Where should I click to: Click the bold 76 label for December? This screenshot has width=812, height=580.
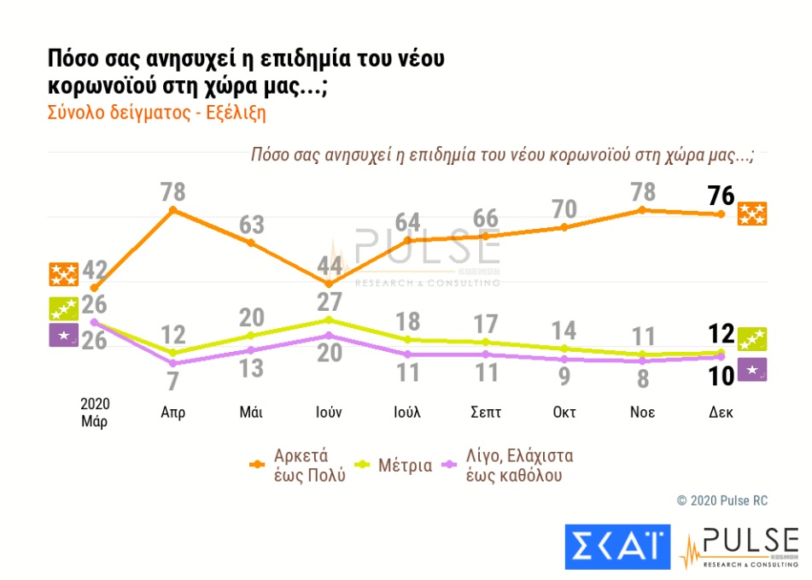coord(721,196)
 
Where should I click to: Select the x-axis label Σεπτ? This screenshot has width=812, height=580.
coord(485,411)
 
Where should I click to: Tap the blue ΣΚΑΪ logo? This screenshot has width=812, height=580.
coord(617,545)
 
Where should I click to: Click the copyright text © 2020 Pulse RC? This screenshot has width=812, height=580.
coord(722,500)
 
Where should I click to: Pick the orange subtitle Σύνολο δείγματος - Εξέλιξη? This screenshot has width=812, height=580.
coord(156,113)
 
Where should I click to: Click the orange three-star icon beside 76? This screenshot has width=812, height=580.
coord(752,214)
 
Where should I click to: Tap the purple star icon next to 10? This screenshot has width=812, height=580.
coord(751,371)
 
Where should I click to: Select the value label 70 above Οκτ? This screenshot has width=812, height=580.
coord(564,209)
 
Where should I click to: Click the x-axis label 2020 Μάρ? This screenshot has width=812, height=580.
coord(95,411)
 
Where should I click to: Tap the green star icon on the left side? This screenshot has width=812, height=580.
coord(64,308)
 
